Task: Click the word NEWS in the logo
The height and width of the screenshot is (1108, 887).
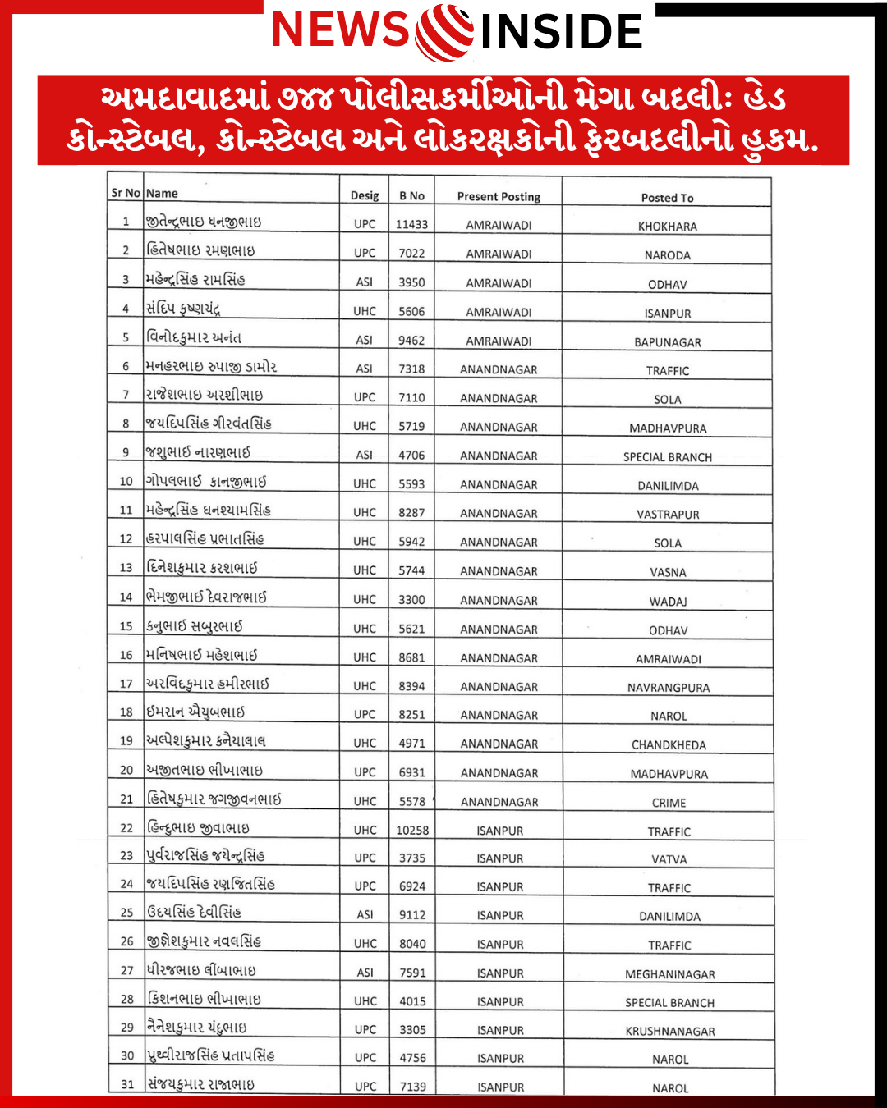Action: [340, 30]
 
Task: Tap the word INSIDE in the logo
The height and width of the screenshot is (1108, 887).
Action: [561, 32]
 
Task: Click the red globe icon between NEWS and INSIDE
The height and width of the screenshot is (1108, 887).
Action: [444, 32]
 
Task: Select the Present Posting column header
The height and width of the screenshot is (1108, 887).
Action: [499, 197]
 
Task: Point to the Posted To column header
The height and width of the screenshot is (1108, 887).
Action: [667, 198]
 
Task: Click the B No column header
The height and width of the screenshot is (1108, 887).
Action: [411, 196]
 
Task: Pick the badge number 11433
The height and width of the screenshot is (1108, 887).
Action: [411, 224]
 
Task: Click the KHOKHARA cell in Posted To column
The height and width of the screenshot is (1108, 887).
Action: [667, 227]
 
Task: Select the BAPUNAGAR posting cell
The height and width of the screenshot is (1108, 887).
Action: [667, 342]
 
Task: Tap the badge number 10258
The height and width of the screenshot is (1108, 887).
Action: [412, 831]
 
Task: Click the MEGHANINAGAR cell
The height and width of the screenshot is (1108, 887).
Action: [669, 974]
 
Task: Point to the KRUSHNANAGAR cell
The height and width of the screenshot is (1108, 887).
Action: [669, 1032]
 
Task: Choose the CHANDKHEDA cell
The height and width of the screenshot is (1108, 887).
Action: [669, 745]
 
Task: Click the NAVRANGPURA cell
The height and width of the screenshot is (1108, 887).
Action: [669, 688]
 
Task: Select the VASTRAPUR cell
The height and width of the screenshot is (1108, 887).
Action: [668, 515]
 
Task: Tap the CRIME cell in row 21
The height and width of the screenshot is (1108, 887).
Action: [669, 803]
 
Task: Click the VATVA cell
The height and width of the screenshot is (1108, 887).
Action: [669, 859]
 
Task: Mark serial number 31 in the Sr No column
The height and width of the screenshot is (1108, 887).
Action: [127, 1084]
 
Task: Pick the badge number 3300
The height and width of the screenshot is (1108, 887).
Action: [411, 600]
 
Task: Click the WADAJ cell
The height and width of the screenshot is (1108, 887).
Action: [668, 602]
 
